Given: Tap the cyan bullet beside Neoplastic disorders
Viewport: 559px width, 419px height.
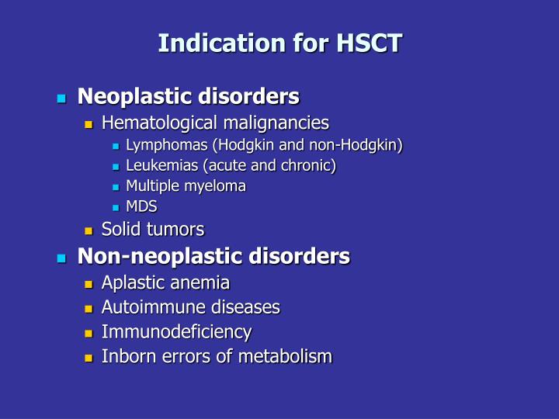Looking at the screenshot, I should click(x=61, y=99).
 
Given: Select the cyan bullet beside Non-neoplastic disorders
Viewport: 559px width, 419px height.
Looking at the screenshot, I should click(x=61, y=258).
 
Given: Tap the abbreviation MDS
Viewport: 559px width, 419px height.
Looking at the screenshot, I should click(x=141, y=206).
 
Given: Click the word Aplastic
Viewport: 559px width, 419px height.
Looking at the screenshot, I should click(x=132, y=283).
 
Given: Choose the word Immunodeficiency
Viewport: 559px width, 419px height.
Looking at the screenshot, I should click(x=176, y=332).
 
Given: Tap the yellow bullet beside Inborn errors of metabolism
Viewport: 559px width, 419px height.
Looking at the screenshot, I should click(x=89, y=358).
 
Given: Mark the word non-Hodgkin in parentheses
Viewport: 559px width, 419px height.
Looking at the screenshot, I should click(x=363, y=145).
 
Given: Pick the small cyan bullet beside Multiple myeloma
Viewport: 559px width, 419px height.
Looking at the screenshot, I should click(x=115, y=187).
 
